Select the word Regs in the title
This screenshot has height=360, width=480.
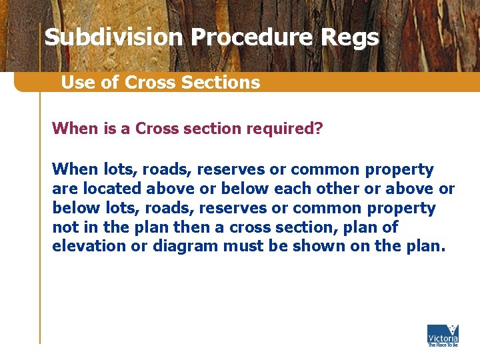point(349,37)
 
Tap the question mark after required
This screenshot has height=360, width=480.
point(318,127)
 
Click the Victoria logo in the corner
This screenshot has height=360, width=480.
point(443,335)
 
